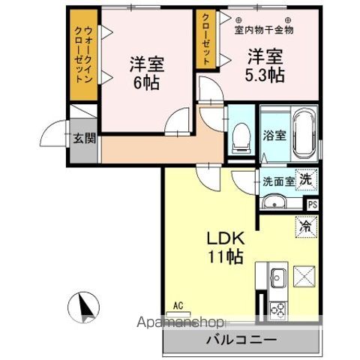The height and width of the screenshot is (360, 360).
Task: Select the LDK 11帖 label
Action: (x=224, y=247)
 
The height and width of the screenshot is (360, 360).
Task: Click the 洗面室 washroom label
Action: (x=277, y=181)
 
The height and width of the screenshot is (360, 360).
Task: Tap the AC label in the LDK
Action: (x=178, y=304)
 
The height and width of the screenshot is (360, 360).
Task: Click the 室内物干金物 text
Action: (x=264, y=30)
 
